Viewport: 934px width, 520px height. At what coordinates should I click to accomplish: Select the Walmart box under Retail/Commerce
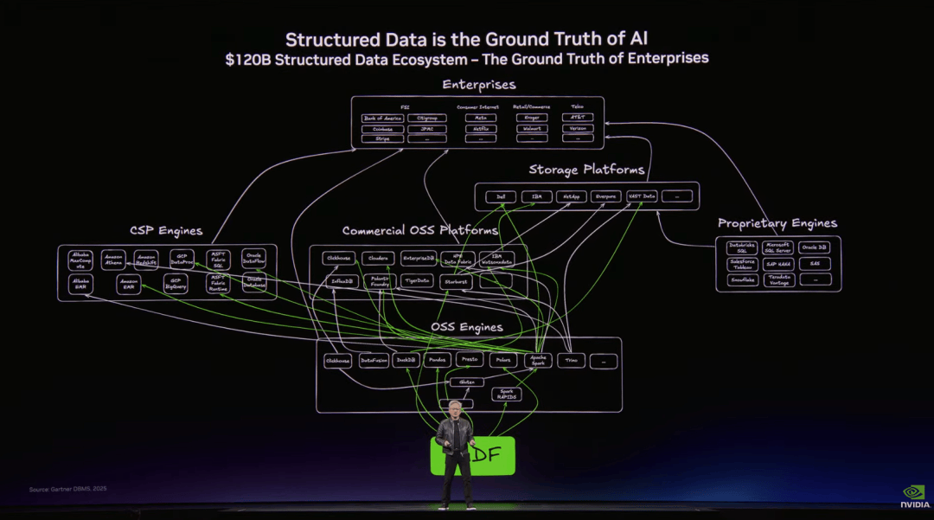click(x=532, y=128)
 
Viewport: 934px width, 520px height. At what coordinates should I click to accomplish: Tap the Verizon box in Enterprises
click(x=578, y=128)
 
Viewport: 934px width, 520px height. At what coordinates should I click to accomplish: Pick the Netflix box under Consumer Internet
click(x=481, y=128)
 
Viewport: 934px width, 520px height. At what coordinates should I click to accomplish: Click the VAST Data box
click(x=641, y=196)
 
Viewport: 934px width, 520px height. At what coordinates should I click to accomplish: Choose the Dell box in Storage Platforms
click(x=501, y=196)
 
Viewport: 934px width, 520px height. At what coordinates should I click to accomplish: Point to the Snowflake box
click(x=743, y=279)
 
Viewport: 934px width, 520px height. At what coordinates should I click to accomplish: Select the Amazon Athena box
click(x=114, y=260)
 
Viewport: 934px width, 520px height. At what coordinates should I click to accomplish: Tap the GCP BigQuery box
click(x=176, y=284)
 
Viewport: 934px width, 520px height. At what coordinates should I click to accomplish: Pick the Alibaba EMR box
click(x=80, y=284)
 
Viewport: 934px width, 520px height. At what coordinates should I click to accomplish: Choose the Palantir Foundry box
click(x=381, y=281)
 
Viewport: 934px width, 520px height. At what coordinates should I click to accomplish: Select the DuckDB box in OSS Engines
click(x=406, y=360)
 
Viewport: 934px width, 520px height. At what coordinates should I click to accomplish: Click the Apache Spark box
click(x=538, y=360)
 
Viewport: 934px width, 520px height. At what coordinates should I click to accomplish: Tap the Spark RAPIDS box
click(x=507, y=394)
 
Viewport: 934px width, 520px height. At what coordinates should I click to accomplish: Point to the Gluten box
click(x=466, y=382)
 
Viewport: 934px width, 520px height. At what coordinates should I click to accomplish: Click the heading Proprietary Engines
click(x=777, y=223)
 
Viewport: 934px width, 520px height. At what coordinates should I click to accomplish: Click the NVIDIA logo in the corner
click(x=914, y=496)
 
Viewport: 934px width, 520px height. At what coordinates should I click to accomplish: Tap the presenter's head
click(x=455, y=408)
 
